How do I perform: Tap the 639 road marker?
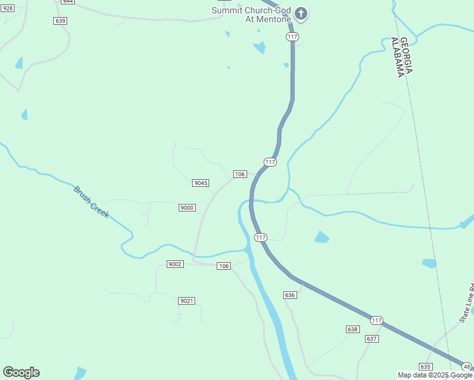click(x=61, y=21)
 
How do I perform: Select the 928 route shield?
click(x=7, y=8)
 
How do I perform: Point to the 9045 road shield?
click(x=201, y=183)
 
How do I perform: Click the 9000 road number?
click(x=187, y=208)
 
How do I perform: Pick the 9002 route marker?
click(x=175, y=263)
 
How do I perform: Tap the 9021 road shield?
click(x=186, y=301)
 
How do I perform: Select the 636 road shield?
click(x=290, y=295)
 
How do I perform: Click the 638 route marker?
click(x=353, y=329)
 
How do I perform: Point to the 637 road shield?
click(x=372, y=339)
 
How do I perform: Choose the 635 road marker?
click(x=425, y=367)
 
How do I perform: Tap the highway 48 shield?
click(x=467, y=366)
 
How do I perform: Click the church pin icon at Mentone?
click(x=301, y=14)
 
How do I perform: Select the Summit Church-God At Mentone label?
click(x=252, y=15)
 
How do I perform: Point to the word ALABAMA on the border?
click(x=398, y=57)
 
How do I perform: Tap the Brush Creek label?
click(x=91, y=202)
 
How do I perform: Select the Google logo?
click(x=21, y=372)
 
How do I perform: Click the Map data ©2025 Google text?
click(x=435, y=375)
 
